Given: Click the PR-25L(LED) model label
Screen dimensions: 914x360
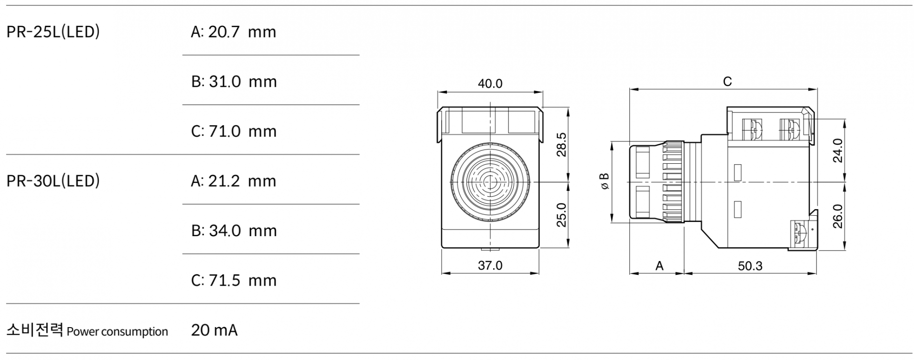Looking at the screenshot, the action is pyautogui.click(x=53, y=31).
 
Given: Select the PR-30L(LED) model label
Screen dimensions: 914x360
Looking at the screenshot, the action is pyautogui.click(x=53, y=181).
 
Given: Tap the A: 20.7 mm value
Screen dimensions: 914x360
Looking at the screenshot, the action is pyautogui.click(x=233, y=32).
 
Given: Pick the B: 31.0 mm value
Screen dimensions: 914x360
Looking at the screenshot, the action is pyautogui.click(x=234, y=81).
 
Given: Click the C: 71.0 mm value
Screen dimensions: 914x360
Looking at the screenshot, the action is pyautogui.click(x=234, y=131).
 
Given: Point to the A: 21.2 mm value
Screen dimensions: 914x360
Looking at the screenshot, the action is pyautogui.click(x=233, y=181).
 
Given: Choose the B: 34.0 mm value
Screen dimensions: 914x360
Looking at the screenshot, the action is pyautogui.click(x=234, y=230).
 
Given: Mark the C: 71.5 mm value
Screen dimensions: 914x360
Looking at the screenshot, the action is pyautogui.click(x=234, y=280).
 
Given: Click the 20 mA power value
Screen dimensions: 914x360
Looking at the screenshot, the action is pyautogui.click(x=214, y=330).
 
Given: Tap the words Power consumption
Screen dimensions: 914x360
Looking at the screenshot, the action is pyautogui.click(x=118, y=331).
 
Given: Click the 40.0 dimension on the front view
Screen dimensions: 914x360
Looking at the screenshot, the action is pyautogui.click(x=490, y=84).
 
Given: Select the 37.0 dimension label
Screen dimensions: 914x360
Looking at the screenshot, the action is pyautogui.click(x=490, y=265).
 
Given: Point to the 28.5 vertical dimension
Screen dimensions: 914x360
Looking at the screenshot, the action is pyautogui.click(x=562, y=144).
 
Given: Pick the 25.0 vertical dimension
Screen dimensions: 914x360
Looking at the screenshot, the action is pyautogui.click(x=562, y=215).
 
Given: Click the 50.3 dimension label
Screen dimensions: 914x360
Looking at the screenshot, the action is pyautogui.click(x=750, y=266).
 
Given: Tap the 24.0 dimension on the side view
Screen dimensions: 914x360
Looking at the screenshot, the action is pyautogui.click(x=838, y=150).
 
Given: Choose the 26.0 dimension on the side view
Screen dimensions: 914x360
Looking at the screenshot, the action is pyautogui.click(x=838, y=216).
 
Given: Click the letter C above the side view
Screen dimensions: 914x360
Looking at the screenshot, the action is pyautogui.click(x=727, y=82).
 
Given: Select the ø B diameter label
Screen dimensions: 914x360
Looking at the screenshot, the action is pyautogui.click(x=605, y=181).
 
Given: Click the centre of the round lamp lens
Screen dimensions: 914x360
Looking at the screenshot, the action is pyautogui.click(x=490, y=181).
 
